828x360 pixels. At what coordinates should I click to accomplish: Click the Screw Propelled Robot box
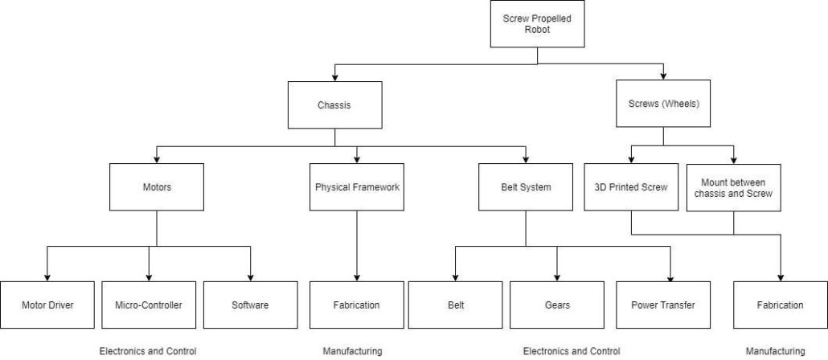tap(537, 24)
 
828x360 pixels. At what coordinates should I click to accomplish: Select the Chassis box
tap(334, 104)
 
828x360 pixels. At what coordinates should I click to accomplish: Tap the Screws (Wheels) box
tap(663, 104)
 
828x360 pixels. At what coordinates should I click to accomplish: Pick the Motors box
tap(157, 187)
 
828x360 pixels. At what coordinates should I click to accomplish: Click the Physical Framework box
tap(357, 187)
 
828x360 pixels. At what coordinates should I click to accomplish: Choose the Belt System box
tap(526, 187)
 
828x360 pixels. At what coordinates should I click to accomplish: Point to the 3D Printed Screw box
tap(631, 187)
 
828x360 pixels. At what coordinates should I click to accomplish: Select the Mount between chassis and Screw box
tap(733, 187)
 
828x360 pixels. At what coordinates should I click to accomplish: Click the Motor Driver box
tap(47, 305)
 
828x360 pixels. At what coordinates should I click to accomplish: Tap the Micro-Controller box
tap(149, 305)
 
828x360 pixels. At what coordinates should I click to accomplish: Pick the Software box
tap(250, 305)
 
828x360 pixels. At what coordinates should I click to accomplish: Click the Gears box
tap(557, 305)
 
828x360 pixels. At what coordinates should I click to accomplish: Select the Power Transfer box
tap(662, 305)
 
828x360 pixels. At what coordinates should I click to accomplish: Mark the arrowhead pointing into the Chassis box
tap(334, 77)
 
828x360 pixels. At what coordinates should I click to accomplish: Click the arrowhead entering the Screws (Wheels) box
tap(663, 76)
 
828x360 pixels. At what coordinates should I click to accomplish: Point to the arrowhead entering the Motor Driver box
tap(47, 277)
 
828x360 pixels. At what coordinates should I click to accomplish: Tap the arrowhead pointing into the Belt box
tap(455, 277)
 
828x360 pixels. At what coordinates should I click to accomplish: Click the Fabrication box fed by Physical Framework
tap(357, 305)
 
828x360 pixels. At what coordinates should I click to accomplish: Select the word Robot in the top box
tap(537, 30)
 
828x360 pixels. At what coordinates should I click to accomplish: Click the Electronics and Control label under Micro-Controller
tap(148, 351)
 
